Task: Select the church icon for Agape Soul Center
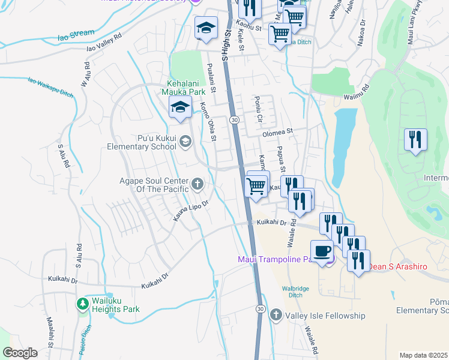point(197,183)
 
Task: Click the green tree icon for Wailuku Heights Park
point(83,304)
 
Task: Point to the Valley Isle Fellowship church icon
point(276,315)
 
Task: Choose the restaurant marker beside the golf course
point(415,140)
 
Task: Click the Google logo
point(20,353)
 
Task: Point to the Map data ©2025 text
point(423,355)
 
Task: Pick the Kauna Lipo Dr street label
point(191,211)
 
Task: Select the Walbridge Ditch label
point(296,292)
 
